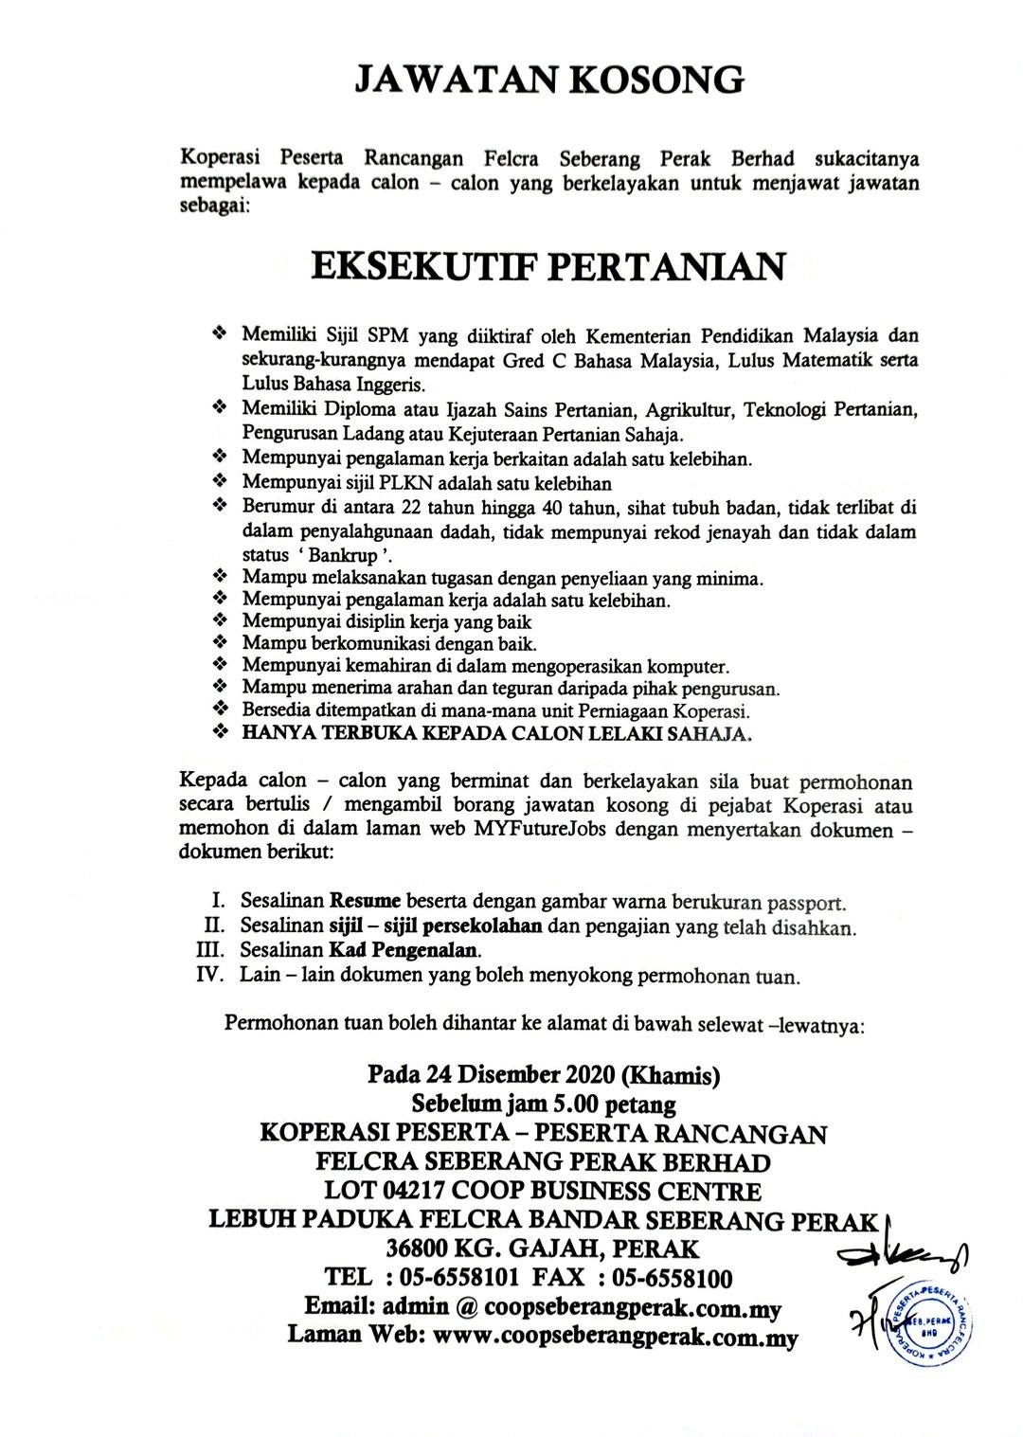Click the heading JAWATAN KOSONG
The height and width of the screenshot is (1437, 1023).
[x=548, y=81]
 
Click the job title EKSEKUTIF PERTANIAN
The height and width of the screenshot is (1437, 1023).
[x=548, y=266]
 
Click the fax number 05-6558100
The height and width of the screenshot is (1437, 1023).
[x=673, y=1279]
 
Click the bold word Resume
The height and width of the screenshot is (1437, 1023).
[x=365, y=900]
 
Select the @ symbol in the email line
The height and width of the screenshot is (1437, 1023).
[x=465, y=1307]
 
